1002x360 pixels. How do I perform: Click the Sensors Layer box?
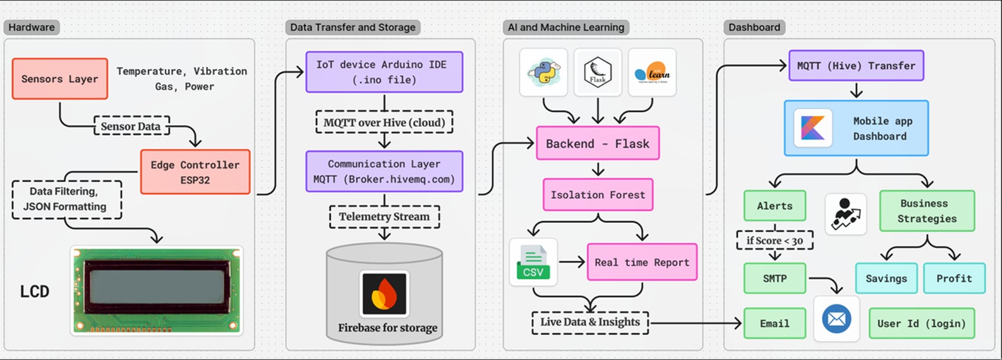(x=60, y=79)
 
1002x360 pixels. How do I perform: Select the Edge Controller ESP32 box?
(x=195, y=172)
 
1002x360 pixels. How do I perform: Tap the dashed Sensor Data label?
(x=131, y=126)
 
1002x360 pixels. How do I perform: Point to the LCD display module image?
(x=157, y=291)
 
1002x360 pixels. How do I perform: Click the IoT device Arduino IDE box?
(x=384, y=72)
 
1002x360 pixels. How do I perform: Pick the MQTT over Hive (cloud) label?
(x=384, y=123)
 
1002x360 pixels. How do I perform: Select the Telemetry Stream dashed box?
(x=384, y=217)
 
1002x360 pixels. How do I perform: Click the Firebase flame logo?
(x=384, y=294)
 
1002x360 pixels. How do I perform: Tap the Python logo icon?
(x=543, y=73)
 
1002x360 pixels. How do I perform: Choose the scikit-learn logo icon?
(x=652, y=73)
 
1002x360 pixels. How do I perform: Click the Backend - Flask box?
(x=598, y=144)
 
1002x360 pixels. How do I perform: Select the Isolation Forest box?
(x=598, y=195)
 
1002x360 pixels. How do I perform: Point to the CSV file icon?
(x=533, y=262)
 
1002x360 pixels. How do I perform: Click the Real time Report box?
(x=642, y=262)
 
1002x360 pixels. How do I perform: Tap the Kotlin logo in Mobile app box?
(x=812, y=128)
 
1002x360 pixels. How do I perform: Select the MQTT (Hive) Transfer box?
(x=856, y=66)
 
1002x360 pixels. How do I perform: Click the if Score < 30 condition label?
(x=775, y=241)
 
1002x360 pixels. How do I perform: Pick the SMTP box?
(x=775, y=279)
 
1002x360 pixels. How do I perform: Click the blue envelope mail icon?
(x=836, y=319)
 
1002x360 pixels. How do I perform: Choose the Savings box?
(x=886, y=279)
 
